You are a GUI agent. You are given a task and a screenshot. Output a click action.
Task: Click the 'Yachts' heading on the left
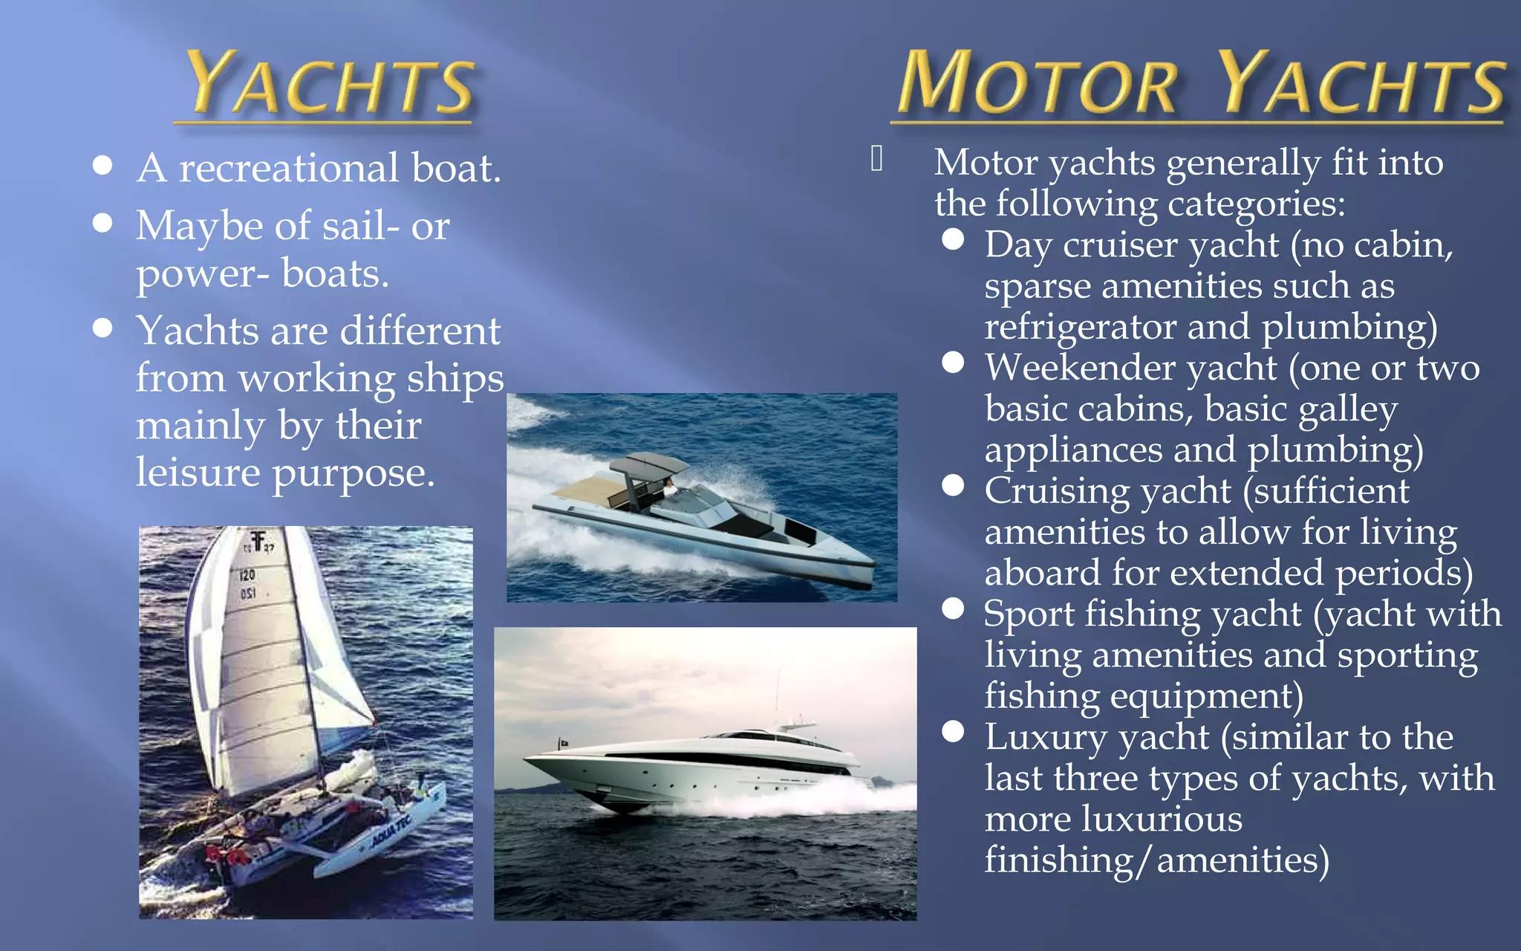pyautogui.click(x=329, y=85)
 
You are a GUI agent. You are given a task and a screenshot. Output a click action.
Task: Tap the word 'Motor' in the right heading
pyautogui.click(x=1037, y=85)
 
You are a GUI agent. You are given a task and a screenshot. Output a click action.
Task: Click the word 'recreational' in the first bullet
pyautogui.click(x=289, y=168)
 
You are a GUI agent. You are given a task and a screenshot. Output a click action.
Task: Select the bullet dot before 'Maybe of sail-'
pyautogui.click(x=102, y=222)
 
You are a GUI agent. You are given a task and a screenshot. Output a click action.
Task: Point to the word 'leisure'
pyautogui.click(x=198, y=473)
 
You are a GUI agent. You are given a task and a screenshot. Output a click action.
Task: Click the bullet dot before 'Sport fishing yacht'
pyautogui.click(x=953, y=608)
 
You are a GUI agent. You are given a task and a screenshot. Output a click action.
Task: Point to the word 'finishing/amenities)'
pyautogui.click(x=1156, y=860)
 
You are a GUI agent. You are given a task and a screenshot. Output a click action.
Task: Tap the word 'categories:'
pyautogui.click(x=1257, y=204)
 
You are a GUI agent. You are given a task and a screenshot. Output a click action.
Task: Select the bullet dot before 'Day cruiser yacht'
pyautogui.click(x=953, y=239)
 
